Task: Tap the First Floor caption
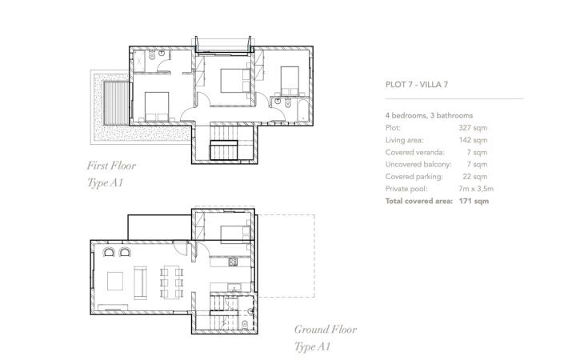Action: (111, 166)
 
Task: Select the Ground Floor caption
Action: (325, 329)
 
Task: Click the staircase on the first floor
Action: (222, 150)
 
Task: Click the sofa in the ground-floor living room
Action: (140, 280)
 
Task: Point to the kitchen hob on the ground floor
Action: (234, 261)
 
